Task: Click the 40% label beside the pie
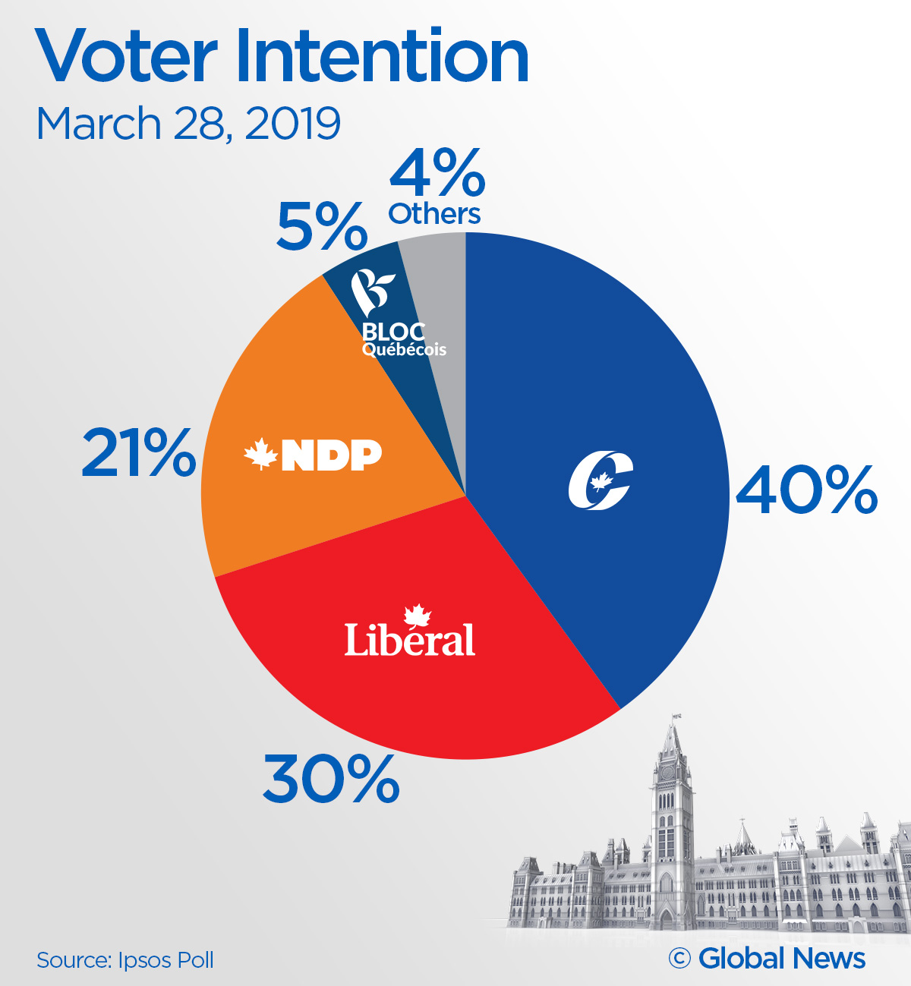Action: click(806, 491)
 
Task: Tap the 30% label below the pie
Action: click(331, 780)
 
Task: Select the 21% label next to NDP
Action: click(138, 453)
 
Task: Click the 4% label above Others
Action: click(437, 174)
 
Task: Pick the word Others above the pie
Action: click(434, 215)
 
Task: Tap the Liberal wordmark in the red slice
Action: click(410, 640)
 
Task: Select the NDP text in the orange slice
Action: click(332, 455)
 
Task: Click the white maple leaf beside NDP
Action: click(260, 455)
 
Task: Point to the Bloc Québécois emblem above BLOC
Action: click(372, 291)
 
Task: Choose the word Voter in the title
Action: click(126, 58)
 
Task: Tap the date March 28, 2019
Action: click(188, 124)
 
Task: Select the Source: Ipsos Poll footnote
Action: click(125, 960)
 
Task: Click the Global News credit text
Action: click(781, 958)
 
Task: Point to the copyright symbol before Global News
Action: click(679, 959)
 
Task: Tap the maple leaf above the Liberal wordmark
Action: click(417, 616)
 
